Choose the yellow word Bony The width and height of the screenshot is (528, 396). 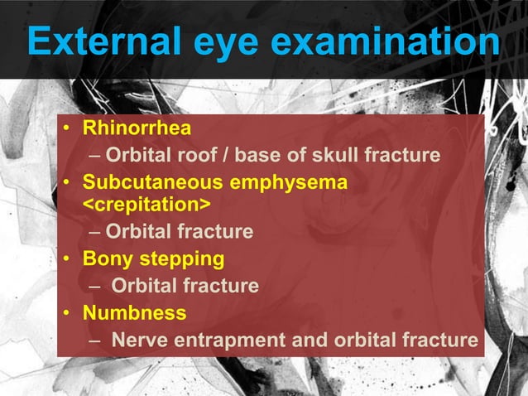110,259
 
